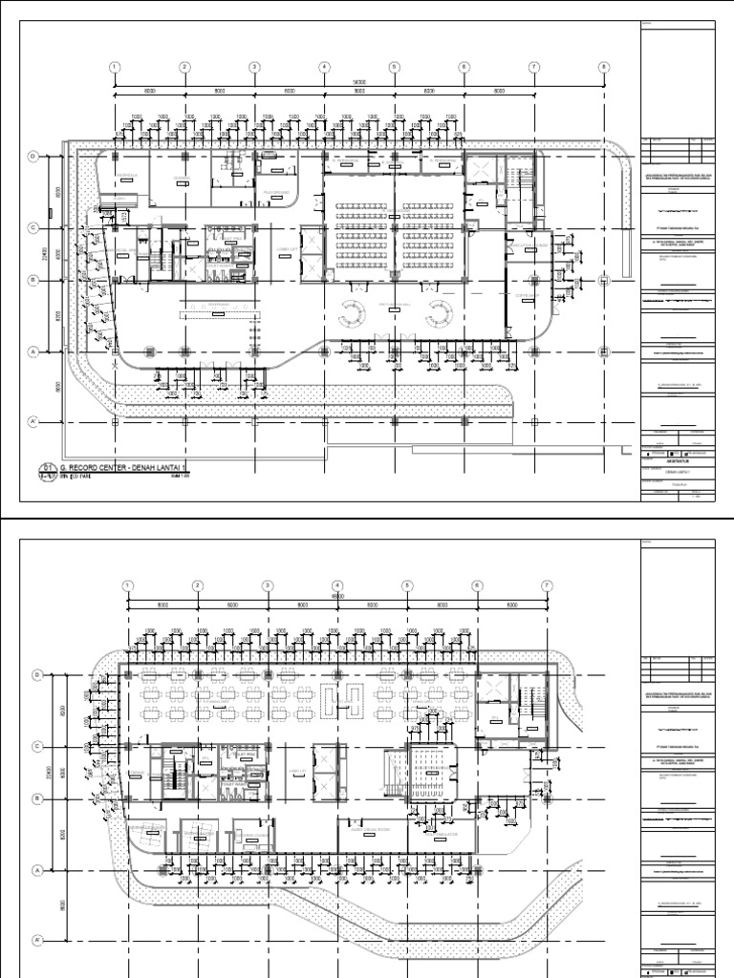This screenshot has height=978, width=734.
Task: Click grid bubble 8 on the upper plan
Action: (604, 67)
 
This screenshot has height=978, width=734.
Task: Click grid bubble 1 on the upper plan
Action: (115, 67)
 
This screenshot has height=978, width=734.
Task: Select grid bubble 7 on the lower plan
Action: (547, 585)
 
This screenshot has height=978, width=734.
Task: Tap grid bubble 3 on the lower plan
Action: (268, 585)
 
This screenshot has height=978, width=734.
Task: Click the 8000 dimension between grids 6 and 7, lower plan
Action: (511, 605)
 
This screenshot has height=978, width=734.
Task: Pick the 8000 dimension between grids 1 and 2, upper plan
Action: (149, 91)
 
